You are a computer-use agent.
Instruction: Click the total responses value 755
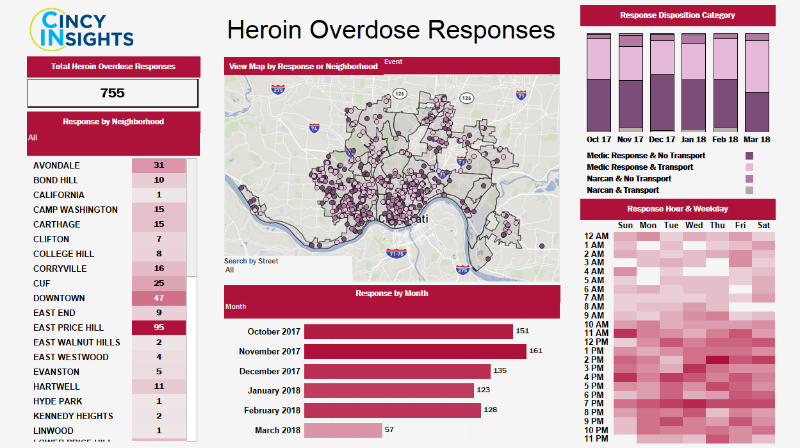(113, 93)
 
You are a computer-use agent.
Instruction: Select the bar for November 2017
(414, 351)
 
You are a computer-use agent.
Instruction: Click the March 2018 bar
(343, 430)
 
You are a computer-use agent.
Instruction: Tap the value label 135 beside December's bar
(500, 371)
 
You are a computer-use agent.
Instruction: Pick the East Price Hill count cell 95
(159, 328)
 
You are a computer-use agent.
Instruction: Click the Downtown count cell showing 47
(159, 298)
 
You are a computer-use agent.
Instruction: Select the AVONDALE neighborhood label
(56, 165)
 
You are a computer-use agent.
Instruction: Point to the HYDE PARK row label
(58, 401)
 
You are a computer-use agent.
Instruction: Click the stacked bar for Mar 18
(757, 82)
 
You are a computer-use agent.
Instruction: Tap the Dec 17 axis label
(662, 139)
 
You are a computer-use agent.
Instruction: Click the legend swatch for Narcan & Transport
(749, 190)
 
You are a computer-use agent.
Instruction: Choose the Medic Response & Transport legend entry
(640, 167)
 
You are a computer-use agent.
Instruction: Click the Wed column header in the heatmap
(694, 226)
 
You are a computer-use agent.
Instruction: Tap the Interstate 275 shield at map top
(278, 90)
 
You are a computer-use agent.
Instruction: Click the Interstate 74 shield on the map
(314, 128)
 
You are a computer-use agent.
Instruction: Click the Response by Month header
(392, 294)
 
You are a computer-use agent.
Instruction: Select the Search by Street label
(251, 261)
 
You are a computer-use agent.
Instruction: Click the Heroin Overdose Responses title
(391, 29)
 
